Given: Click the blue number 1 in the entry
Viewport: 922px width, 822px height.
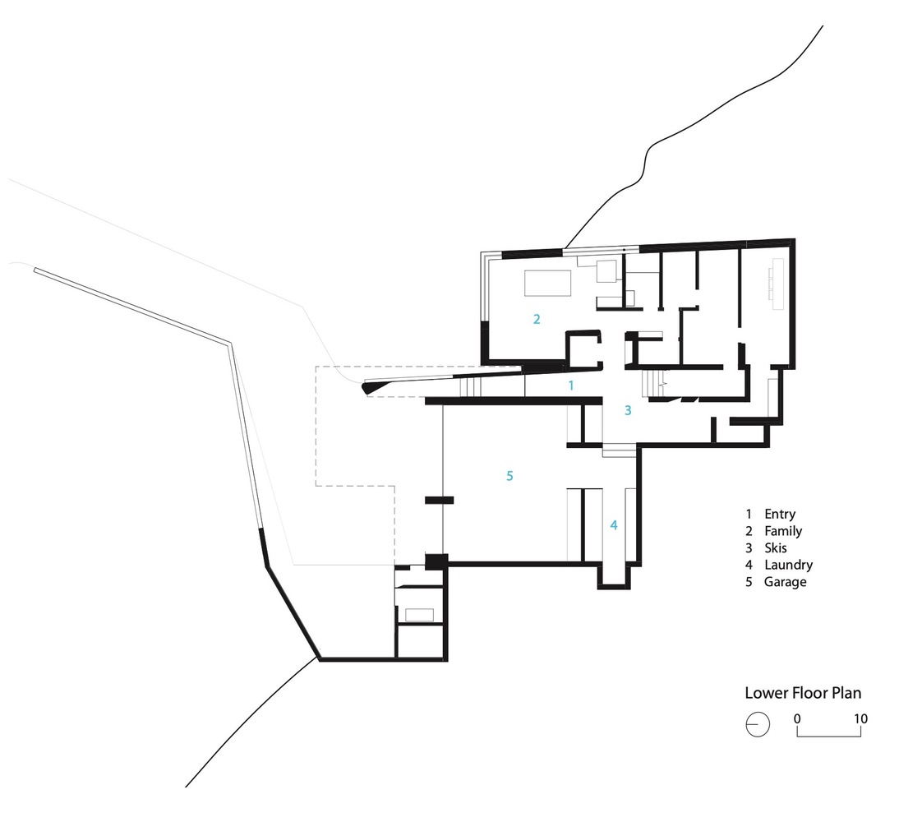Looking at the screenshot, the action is (x=570, y=386).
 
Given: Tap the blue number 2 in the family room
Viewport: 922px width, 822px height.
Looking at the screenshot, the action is (x=537, y=319).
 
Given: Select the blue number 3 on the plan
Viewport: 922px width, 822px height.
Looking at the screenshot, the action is (x=628, y=410).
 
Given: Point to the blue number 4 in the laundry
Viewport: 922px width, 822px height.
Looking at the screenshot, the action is (x=614, y=525).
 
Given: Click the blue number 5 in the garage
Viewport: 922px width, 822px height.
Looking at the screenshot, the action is (x=509, y=476).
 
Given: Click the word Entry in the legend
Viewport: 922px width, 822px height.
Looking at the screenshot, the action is (x=780, y=514).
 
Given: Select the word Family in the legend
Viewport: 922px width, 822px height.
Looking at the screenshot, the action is (x=783, y=531).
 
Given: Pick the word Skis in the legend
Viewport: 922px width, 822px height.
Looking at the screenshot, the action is (x=776, y=548).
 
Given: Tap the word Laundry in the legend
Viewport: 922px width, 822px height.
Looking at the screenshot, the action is (x=789, y=565).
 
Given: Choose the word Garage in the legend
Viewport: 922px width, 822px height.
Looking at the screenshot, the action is (x=785, y=582).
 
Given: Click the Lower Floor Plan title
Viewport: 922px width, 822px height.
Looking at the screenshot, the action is (x=803, y=693).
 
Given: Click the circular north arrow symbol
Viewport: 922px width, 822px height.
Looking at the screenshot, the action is (x=758, y=725).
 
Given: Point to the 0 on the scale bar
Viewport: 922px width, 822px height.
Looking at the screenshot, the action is (x=797, y=718).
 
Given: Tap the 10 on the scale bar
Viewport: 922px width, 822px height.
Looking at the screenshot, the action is (x=860, y=718).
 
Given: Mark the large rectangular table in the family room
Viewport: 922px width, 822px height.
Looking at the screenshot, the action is (x=547, y=283).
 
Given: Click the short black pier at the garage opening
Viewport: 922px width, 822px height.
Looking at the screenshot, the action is (x=440, y=501).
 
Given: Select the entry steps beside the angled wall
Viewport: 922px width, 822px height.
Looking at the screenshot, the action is (x=470, y=387).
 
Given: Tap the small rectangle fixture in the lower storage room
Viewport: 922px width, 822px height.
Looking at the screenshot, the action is (x=419, y=615).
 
